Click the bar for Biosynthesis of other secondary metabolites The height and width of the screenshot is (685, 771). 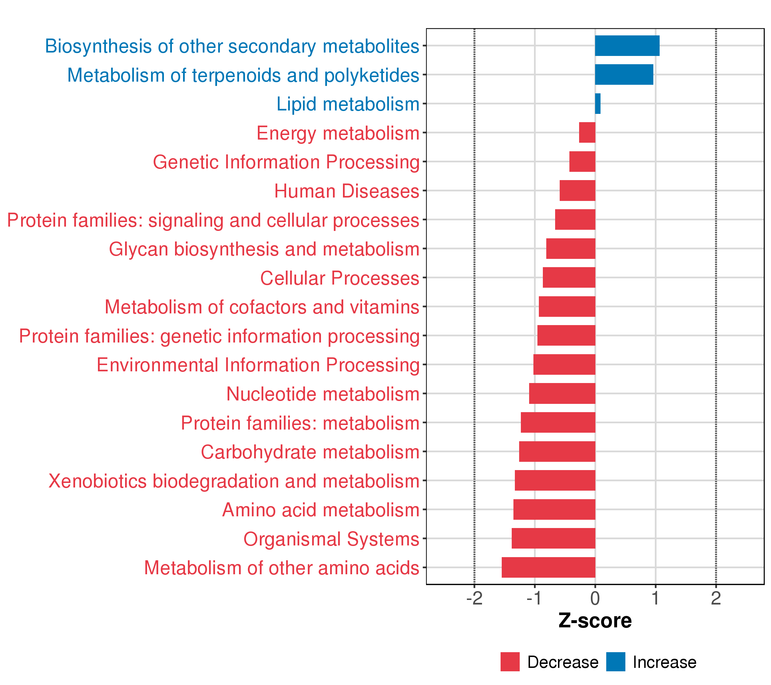coord(627,46)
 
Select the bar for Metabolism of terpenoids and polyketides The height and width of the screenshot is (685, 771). coord(624,75)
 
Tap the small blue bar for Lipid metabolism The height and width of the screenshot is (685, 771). coord(597,104)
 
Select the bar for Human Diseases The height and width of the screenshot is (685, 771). coord(577,191)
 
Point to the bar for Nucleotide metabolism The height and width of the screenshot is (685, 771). coord(562,394)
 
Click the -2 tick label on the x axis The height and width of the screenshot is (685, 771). coord(474,599)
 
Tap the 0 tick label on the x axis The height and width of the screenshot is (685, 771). coord(595,599)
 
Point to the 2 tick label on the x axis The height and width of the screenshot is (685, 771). coord(716,599)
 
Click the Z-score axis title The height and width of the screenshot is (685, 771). coord(595,621)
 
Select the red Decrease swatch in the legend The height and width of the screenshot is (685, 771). coord(510,662)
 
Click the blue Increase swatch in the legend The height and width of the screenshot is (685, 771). coord(616,662)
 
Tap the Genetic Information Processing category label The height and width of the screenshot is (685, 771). coord(286,162)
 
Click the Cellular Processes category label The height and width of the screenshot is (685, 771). coord(340,278)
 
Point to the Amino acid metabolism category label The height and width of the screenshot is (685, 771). coord(321,510)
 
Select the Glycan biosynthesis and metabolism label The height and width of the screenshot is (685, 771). coord(264,249)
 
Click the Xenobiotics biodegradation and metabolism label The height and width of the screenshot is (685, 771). coord(234,481)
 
